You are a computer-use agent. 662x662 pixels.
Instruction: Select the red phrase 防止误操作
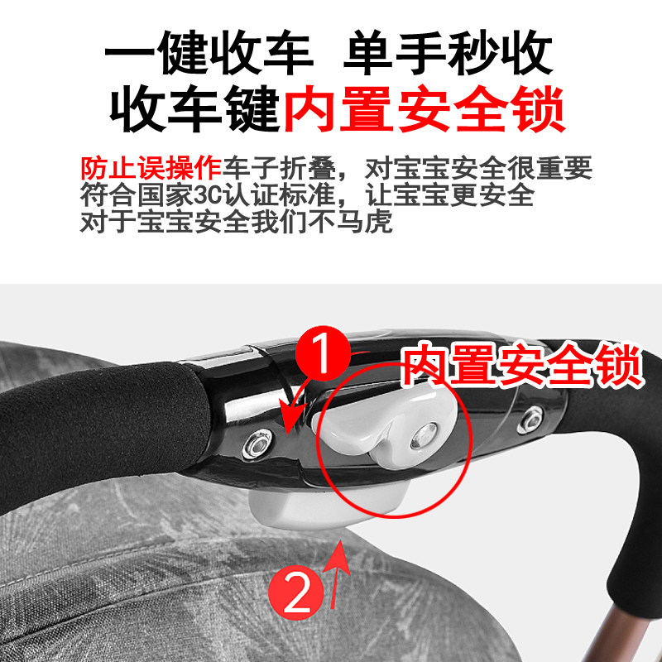coord(151,169)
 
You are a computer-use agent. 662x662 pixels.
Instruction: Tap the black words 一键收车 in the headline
coord(209,55)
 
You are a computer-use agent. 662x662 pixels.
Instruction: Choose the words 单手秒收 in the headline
coord(448,55)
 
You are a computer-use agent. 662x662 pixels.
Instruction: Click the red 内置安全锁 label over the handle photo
coord(521,366)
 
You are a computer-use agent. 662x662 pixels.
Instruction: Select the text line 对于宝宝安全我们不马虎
coord(235,223)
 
